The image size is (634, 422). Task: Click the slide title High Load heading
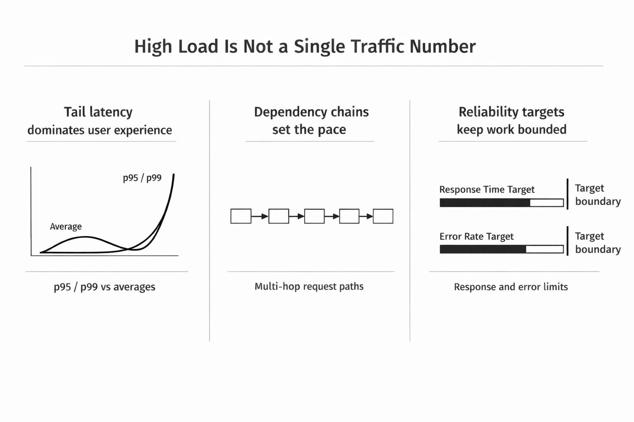(305, 46)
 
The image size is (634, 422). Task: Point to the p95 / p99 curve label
(142, 178)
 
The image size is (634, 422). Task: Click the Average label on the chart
(66, 227)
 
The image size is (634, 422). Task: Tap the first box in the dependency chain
(241, 216)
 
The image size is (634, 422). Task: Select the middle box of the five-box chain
(314, 216)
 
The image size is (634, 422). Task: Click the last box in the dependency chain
(383, 216)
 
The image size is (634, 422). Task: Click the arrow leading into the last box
(366, 216)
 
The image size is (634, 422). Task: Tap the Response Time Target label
(487, 189)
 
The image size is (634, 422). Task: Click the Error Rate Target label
(476, 236)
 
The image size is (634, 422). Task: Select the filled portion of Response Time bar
(484, 203)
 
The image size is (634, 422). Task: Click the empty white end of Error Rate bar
(544, 249)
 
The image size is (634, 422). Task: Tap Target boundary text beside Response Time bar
(597, 194)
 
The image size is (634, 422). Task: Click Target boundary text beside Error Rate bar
(597, 242)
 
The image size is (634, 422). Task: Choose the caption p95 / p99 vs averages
(105, 287)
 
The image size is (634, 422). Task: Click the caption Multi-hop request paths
(309, 286)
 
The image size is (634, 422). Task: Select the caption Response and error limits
(511, 287)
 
